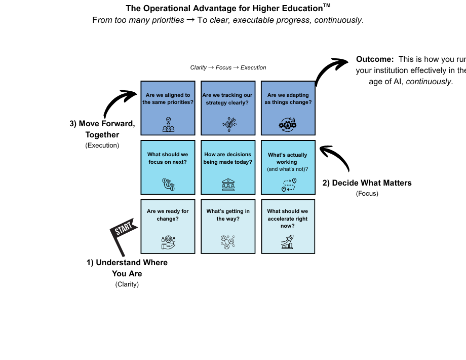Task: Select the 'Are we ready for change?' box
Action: [x=168, y=227]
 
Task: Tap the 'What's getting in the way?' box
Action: [x=228, y=227]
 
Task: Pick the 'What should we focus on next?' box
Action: [x=168, y=167]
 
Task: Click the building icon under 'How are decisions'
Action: [x=228, y=185]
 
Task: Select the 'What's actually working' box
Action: [x=288, y=167]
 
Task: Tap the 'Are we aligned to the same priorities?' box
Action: [x=168, y=107]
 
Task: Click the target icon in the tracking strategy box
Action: [x=229, y=124]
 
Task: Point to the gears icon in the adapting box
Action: [x=288, y=125]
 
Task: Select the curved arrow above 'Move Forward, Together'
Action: [x=119, y=103]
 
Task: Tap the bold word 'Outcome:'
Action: [x=375, y=59]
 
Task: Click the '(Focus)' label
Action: [x=367, y=194]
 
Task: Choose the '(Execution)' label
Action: [x=102, y=146]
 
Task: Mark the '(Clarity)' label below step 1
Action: [x=127, y=284]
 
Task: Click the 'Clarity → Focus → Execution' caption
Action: [x=228, y=67]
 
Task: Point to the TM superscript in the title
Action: [x=327, y=6]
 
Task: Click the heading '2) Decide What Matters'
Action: [x=367, y=183]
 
